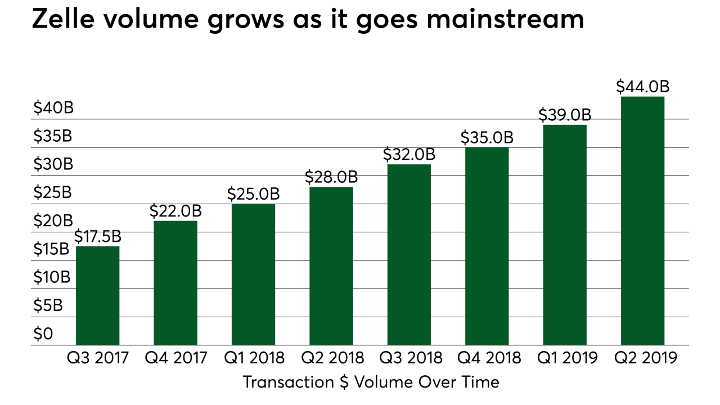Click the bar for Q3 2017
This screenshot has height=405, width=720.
coord(97,295)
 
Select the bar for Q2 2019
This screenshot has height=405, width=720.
coord(642,220)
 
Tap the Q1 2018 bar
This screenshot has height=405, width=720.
coord(253,274)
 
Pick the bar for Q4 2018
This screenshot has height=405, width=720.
coord(487,246)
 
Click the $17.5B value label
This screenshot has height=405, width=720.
coord(97,237)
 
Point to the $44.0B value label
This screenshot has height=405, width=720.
coord(642,87)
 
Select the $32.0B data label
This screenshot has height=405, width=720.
coord(409,155)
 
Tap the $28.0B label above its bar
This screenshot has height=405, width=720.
coord(331,177)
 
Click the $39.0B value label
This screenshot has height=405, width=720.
coord(565,115)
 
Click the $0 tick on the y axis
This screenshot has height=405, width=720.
coord(43,335)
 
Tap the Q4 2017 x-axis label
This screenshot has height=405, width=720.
coord(175,358)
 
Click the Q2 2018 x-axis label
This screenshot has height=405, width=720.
coord(331,358)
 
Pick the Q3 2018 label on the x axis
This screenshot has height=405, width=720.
coord(409,358)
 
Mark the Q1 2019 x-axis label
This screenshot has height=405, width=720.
coord(565,358)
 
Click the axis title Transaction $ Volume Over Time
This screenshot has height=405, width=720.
coord(371,382)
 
